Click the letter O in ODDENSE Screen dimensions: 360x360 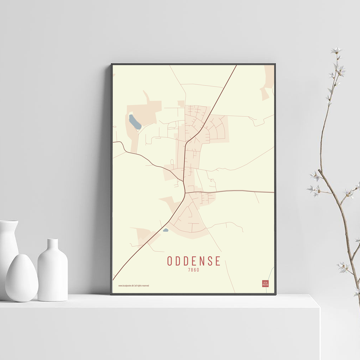click(x=170, y=261)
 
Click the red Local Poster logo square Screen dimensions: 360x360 click(x=265, y=283)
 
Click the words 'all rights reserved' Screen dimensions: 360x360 click(x=142, y=285)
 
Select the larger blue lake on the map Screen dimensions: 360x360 click(x=135, y=122)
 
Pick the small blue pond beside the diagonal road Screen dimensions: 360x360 click(x=166, y=230)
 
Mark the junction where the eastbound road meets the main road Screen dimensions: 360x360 click(x=185, y=193)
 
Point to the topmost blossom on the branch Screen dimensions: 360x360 click(x=336, y=50)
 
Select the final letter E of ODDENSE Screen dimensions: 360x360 click(x=217, y=261)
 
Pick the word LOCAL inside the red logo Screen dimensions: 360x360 click(x=265, y=282)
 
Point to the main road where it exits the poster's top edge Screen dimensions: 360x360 click(x=236, y=65)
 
